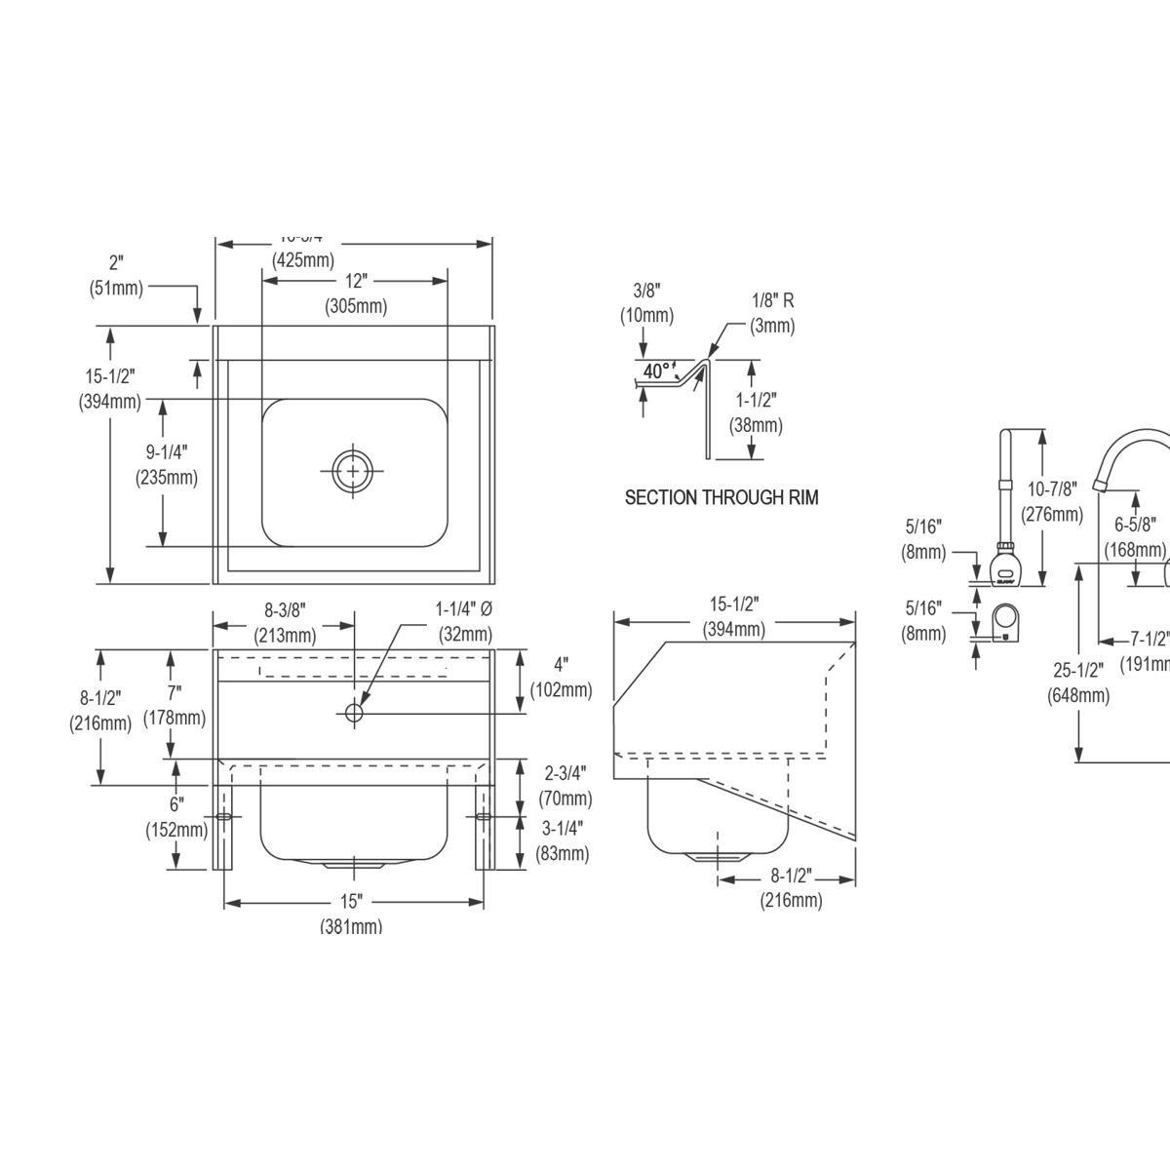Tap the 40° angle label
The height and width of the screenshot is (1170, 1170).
coord(656,371)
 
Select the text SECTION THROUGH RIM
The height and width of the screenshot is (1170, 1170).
coord(721,497)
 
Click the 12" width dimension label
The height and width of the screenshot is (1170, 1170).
coord(356,282)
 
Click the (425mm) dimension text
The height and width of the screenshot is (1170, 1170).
coord(303,260)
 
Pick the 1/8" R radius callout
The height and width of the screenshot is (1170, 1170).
coord(772,301)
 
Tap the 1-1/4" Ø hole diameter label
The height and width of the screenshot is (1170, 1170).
coord(463,608)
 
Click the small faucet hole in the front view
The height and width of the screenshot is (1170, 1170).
coord(353,714)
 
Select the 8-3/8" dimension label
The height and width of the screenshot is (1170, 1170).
coord(285,610)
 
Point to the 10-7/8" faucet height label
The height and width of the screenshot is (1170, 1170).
coord(1051,488)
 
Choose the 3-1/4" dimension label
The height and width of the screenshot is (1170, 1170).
coord(563,828)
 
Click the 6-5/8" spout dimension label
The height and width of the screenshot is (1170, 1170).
coord(1135,525)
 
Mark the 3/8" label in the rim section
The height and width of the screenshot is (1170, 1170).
coord(646,291)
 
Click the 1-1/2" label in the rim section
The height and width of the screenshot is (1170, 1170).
coord(757,400)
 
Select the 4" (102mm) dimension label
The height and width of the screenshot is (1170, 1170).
coord(561,665)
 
